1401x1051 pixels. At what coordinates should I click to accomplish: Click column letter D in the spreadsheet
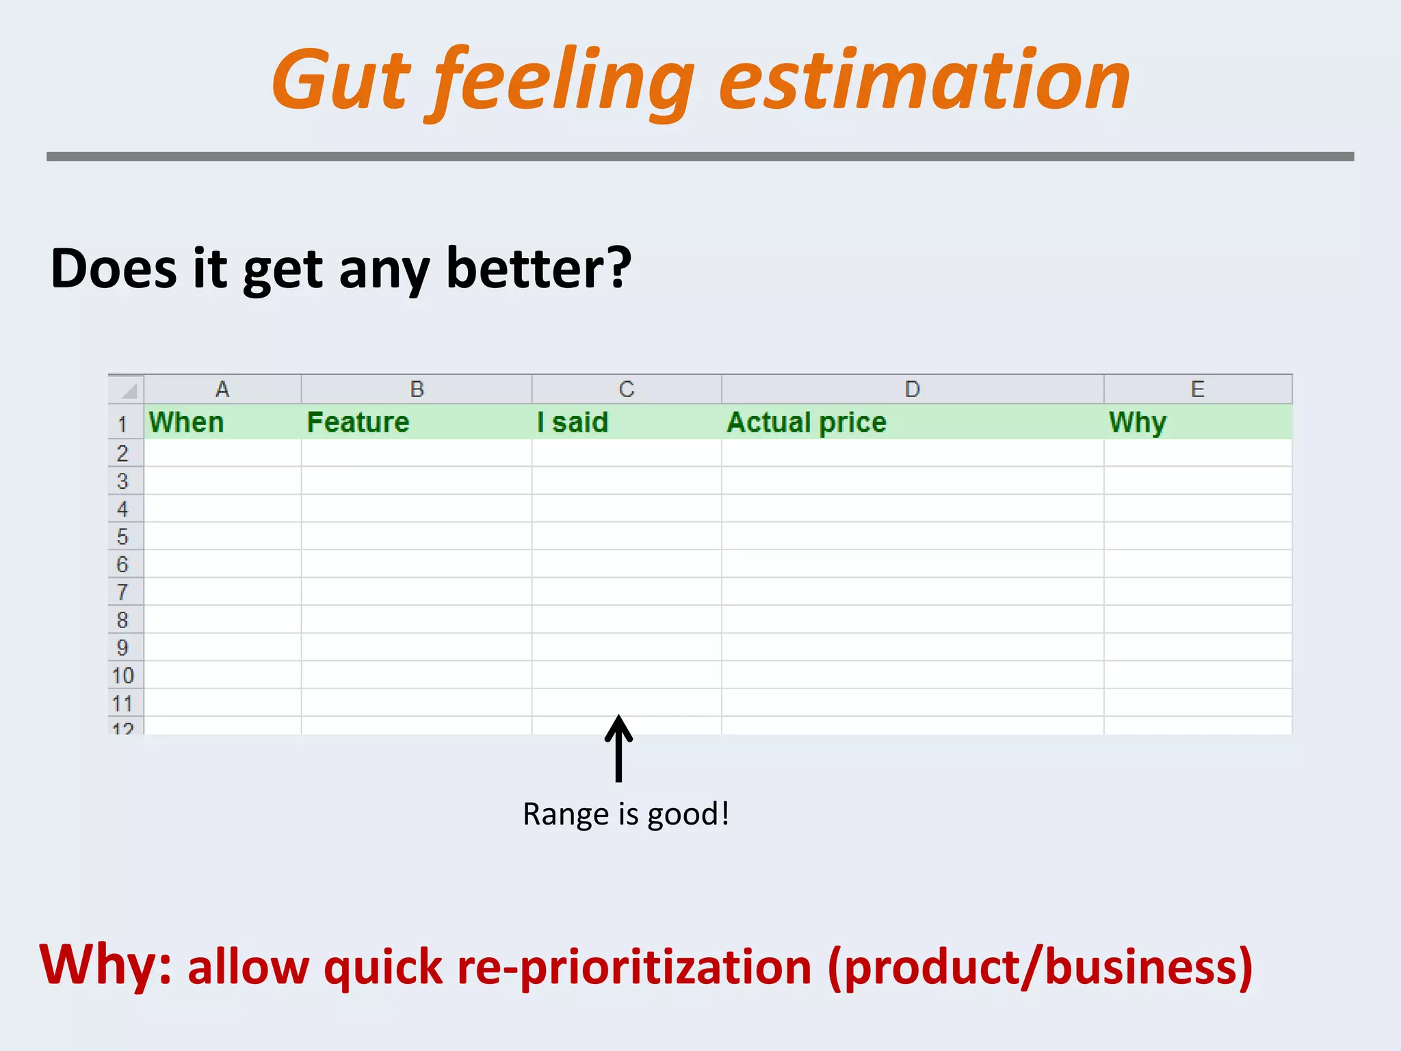tap(912, 389)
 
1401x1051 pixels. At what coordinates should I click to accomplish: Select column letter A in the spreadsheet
tap(222, 389)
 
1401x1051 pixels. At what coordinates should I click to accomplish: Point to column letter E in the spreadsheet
tap(1197, 389)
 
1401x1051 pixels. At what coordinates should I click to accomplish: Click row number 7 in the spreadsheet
tap(122, 592)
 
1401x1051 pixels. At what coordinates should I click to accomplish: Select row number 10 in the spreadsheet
tap(122, 675)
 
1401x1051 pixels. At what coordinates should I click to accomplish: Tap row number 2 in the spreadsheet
tap(122, 453)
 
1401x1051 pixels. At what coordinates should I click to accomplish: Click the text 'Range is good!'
tap(625, 814)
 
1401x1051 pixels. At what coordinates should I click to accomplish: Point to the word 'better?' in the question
tap(538, 268)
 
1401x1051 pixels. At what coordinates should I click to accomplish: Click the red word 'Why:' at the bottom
tap(106, 965)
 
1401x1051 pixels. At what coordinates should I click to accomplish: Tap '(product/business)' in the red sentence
tap(1040, 967)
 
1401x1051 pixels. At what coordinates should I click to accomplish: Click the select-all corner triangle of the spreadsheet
tap(128, 391)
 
